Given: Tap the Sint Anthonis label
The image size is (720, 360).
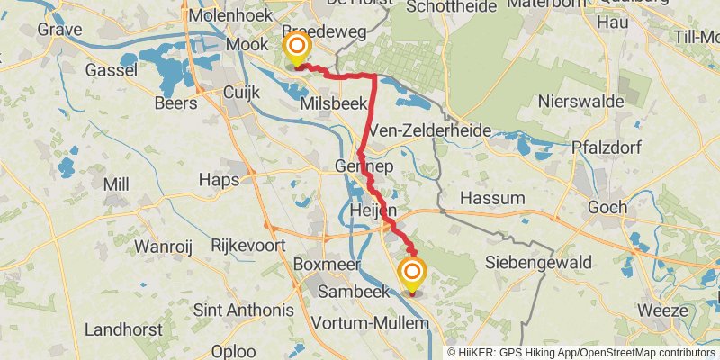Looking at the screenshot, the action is tap(244, 310).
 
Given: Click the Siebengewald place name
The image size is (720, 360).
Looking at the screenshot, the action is tap(538, 263).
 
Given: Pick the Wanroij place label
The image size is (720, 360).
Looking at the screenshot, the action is tap(166, 246).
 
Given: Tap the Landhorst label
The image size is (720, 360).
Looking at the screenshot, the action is tap(122, 329).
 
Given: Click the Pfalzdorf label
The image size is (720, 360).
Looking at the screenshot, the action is tap(610, 147).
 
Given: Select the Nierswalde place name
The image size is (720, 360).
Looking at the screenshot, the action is tap(580, 102).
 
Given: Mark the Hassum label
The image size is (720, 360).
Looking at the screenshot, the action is tap(492, 198).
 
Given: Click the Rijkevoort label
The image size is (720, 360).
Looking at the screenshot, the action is tap(247, 245).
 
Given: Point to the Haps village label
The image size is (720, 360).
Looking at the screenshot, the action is tap(219, 180).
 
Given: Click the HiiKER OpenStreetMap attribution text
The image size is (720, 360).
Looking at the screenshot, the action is tap(582, 353).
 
